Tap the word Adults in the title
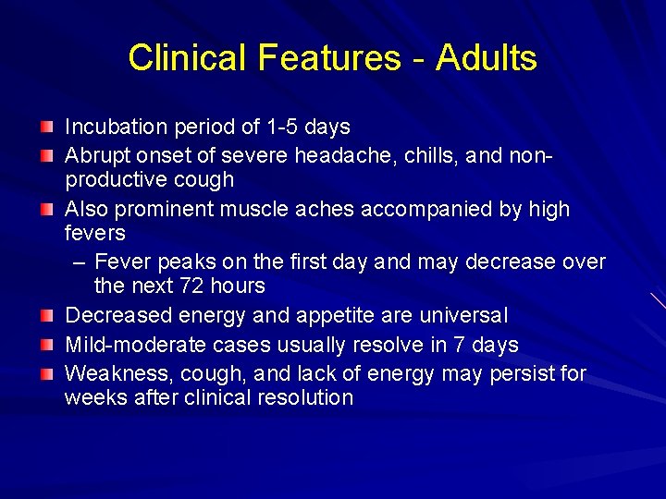487,58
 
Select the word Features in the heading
327,58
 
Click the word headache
345,156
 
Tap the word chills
430,156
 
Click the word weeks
92,398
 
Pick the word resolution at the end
306,398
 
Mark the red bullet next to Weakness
46,372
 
